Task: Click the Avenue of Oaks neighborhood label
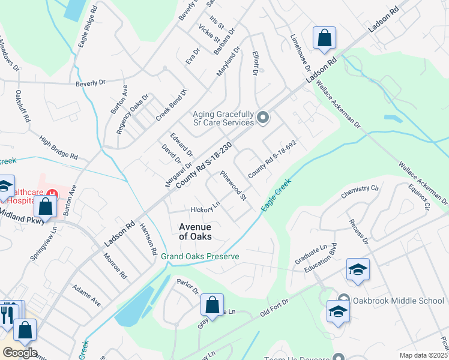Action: pyautogui.click(x=195, y=232)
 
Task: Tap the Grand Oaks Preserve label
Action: pyautogui.click(x=200, y=256)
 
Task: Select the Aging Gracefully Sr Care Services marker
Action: pyautogui.click(x=262, y=118)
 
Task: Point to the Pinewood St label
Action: pyautogui.click(x=233, y=185)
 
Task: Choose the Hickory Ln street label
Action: pyautogui.click(x=205, y=209)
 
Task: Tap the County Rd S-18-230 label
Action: pyautogui.click(x=204, y=167)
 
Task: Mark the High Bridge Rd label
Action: pyautogui.click(x=58, y=147)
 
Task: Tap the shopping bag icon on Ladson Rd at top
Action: pyautogui.click(x=324, y=39)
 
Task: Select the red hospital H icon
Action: pyautogui.click(x=52, y=194)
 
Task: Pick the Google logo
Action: pyautogui.click(x=19, y=352)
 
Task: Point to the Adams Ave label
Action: pyautogui.click(x=87, y=295)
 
